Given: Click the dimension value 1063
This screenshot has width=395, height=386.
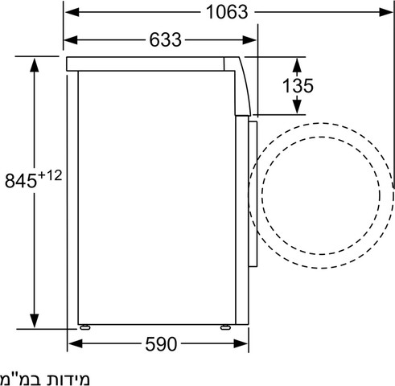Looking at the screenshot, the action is coord(227,12).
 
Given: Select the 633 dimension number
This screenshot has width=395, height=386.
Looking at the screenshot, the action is coord(165,40).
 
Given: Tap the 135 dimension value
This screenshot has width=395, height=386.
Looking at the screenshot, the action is coord(298,86).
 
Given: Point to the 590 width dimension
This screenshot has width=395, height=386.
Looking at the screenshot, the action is coord(161,344).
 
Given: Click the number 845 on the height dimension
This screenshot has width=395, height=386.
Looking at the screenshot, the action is coord(21,181).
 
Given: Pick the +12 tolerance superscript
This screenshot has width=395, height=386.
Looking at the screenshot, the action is coord(50,175).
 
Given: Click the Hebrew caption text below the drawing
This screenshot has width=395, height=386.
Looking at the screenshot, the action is coord(44,378).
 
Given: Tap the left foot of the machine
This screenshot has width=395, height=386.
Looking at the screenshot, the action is coord(84,327).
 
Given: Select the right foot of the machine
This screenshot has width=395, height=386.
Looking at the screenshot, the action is coord(224,327).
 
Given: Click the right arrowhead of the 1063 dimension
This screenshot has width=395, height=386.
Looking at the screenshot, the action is coord(386,12).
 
